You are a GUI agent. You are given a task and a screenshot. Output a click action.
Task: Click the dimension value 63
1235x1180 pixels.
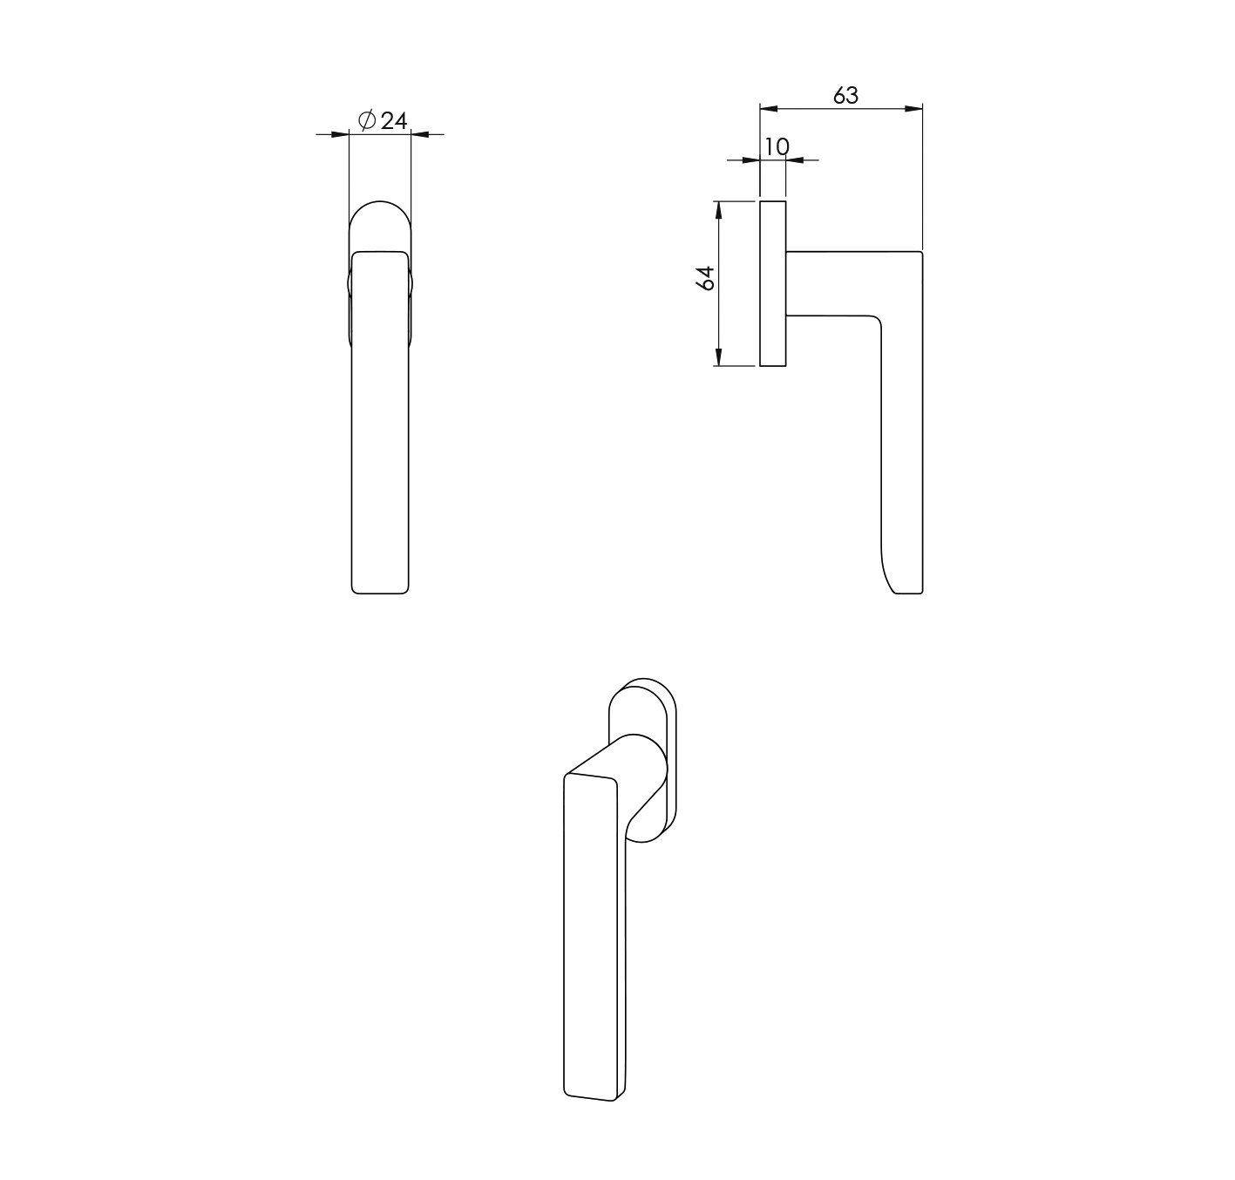[845, 95]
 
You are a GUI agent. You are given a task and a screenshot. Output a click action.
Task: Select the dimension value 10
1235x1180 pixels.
[777, 146]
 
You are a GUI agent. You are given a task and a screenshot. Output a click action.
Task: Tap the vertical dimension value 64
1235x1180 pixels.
[706, 278]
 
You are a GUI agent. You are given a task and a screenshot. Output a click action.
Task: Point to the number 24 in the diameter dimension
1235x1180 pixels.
[393, 120]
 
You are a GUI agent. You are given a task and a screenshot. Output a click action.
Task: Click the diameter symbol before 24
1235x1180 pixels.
[367, 120]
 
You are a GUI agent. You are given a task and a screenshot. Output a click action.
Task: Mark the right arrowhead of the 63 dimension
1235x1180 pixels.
[913, 109]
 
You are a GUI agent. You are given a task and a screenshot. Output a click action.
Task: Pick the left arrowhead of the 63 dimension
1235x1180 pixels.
[769, 109]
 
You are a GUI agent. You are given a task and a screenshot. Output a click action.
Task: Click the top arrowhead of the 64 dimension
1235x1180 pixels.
[718, 210]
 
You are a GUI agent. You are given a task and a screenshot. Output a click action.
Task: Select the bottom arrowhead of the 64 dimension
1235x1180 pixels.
[718, 356]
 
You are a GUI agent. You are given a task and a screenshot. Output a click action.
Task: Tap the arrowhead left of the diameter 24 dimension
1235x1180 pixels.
[340, 134]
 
